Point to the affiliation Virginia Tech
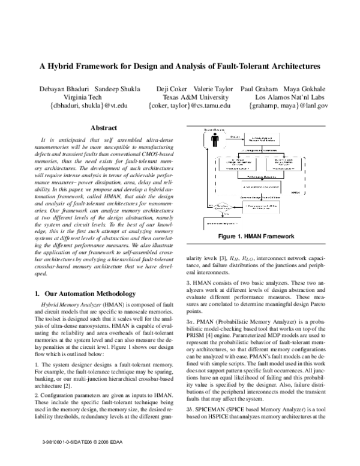(77, 97)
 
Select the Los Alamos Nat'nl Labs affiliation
(287, 97)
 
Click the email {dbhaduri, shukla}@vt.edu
(78, 106)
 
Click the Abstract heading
(103, 128)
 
